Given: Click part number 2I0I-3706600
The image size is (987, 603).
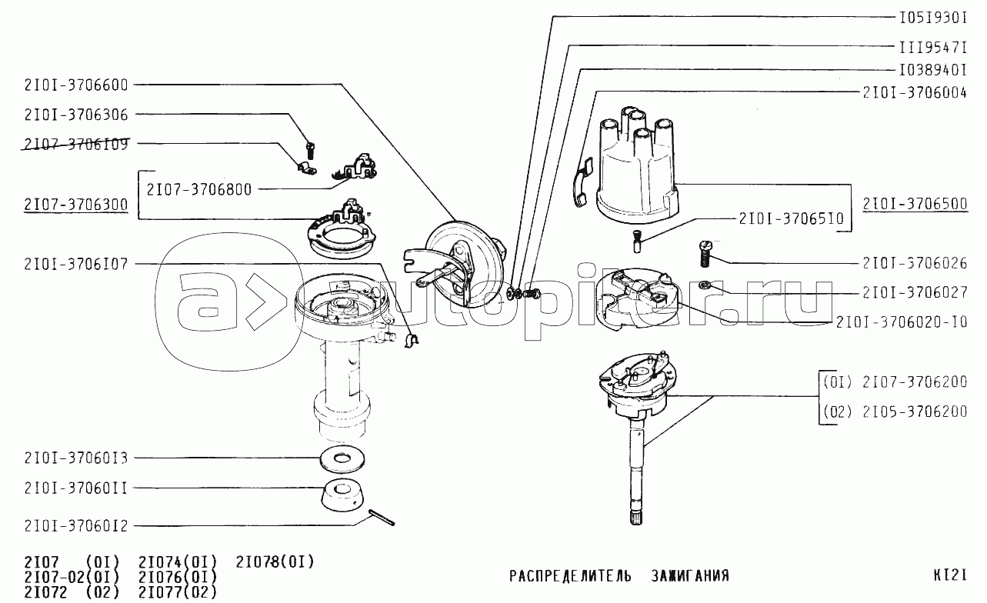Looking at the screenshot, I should [76, 85].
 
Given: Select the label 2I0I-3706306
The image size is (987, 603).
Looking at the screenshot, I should [76, 115].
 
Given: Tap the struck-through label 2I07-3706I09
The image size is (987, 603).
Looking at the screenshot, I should [76, 144].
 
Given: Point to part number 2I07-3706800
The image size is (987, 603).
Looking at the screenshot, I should [199, 188].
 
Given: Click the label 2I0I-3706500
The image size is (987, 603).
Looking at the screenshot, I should [915, 205].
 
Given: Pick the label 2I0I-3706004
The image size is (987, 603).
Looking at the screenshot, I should [915, 92].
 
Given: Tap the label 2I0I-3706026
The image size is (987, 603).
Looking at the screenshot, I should [915, 263].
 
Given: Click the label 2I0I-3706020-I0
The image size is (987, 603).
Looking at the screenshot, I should [902, 322].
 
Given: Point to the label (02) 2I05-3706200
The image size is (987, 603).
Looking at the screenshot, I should [895, 411].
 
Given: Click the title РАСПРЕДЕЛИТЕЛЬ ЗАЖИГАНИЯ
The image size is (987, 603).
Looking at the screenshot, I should [619, 575].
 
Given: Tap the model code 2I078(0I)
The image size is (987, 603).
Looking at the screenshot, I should [275, 561].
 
